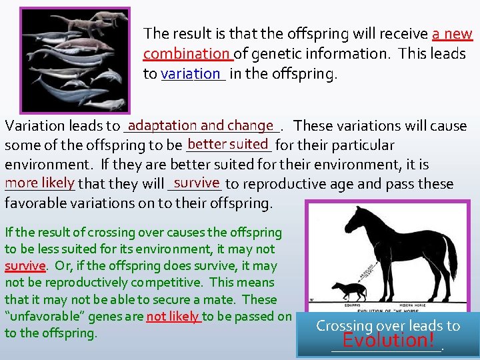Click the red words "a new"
point(452,33)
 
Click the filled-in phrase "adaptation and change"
point(201,125)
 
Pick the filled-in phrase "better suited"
point(228,144)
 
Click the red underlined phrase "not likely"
point(173,317)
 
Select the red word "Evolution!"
point(388,341)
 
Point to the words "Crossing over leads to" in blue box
point(388,325)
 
